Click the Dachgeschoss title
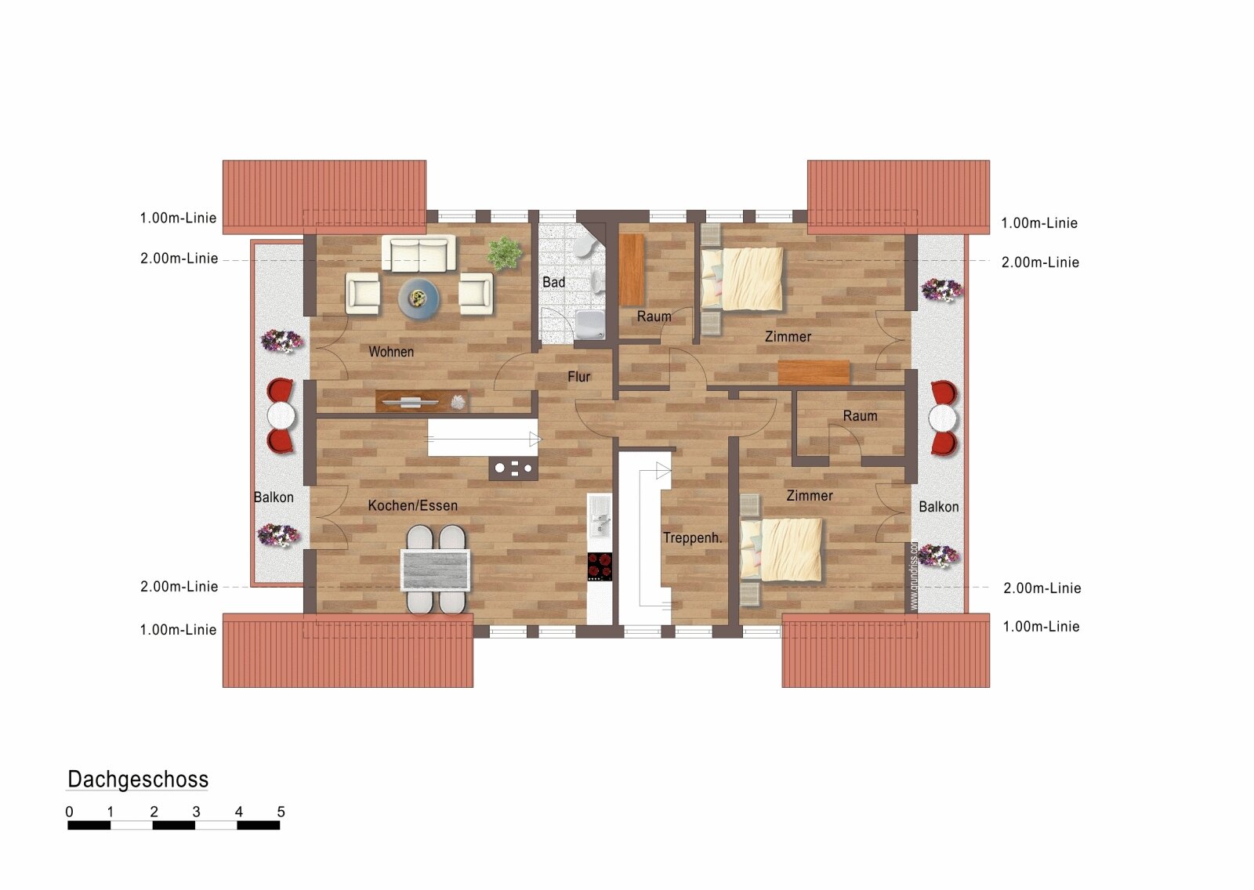tap(138, 780)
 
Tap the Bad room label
tap(553, 282)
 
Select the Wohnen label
tap(391, 352)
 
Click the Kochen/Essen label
tap(412, 505)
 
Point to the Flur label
tap(579, 377)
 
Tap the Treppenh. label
tap(693, 538)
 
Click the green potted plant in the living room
tap(505, 253)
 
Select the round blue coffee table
tap(419, 299)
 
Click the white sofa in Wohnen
tap(419, 253)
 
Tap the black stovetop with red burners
tap(600, 566)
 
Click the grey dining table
tap(436, 570)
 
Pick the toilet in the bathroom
tap(584, 245)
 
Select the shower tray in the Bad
tap(590, 325)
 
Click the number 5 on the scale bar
tap(281, 812)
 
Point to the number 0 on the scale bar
tap(70, 812)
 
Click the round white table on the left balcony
tap(281, 416)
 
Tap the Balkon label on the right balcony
tap(939, 507)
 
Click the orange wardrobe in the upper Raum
tap(632, 270)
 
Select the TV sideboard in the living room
tap(422, 401)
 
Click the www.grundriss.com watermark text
tap(914, 575)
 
